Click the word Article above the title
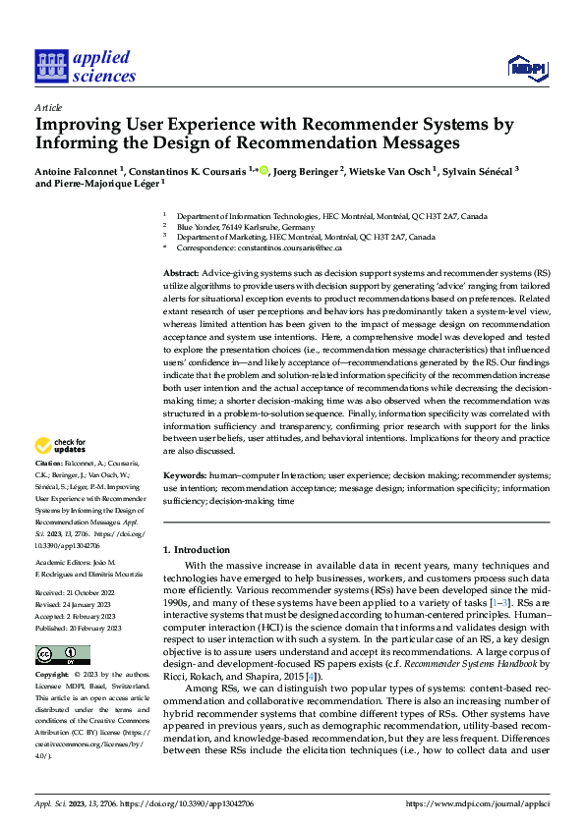coord(48,107)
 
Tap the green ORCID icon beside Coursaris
coord(263,170)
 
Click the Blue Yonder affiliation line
coord(227,226)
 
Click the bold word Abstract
coord(181,271)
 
